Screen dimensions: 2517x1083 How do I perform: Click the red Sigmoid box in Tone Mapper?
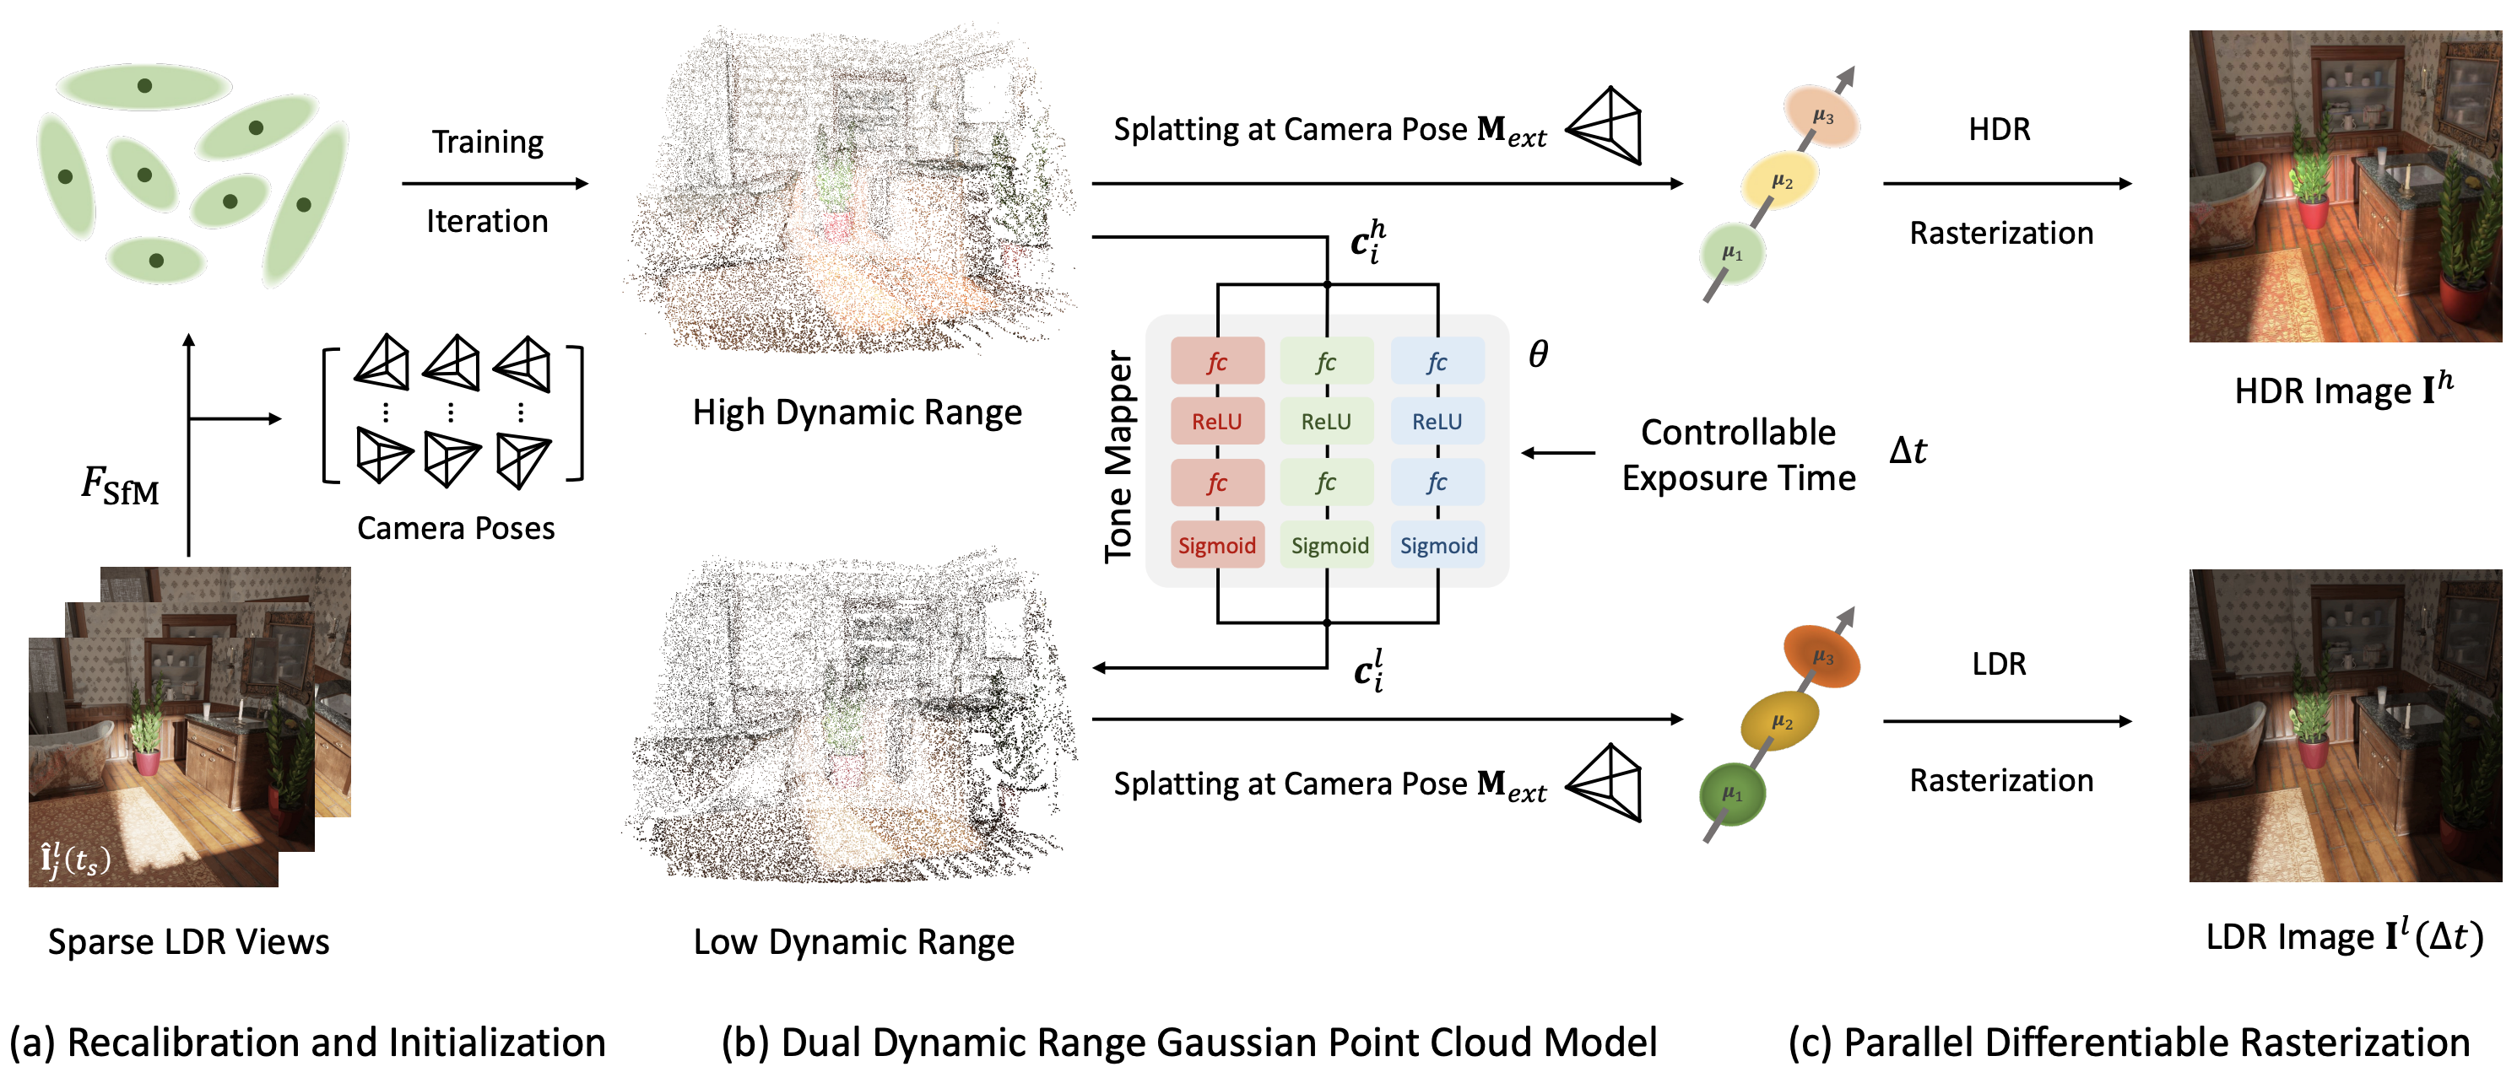(1216, 545)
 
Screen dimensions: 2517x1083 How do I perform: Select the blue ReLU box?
(1437, 421)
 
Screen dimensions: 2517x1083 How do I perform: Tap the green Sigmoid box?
(1328, 545)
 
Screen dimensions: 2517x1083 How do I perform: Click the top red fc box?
(1216, 361)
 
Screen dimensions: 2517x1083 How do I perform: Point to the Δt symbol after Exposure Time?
(1908, 450)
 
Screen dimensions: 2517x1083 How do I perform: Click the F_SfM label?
(120, 485)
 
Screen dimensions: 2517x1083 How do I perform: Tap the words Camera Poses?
(455, 528)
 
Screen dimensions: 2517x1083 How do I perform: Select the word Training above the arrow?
(488, 143)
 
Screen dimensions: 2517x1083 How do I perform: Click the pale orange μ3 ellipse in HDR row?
(1821, 116)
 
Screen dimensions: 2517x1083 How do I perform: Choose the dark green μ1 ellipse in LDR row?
(1732, 794)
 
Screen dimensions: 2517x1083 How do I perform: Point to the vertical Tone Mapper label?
(1118, 457)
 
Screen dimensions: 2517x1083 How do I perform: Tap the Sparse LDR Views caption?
(188, 941)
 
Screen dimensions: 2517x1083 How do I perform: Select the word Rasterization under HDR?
(2001, 234)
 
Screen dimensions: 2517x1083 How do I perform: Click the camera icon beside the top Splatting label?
(1605, 126)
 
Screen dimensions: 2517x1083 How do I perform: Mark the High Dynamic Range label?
(857, 412)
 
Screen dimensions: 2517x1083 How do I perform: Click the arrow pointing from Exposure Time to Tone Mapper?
(1558, 453)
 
